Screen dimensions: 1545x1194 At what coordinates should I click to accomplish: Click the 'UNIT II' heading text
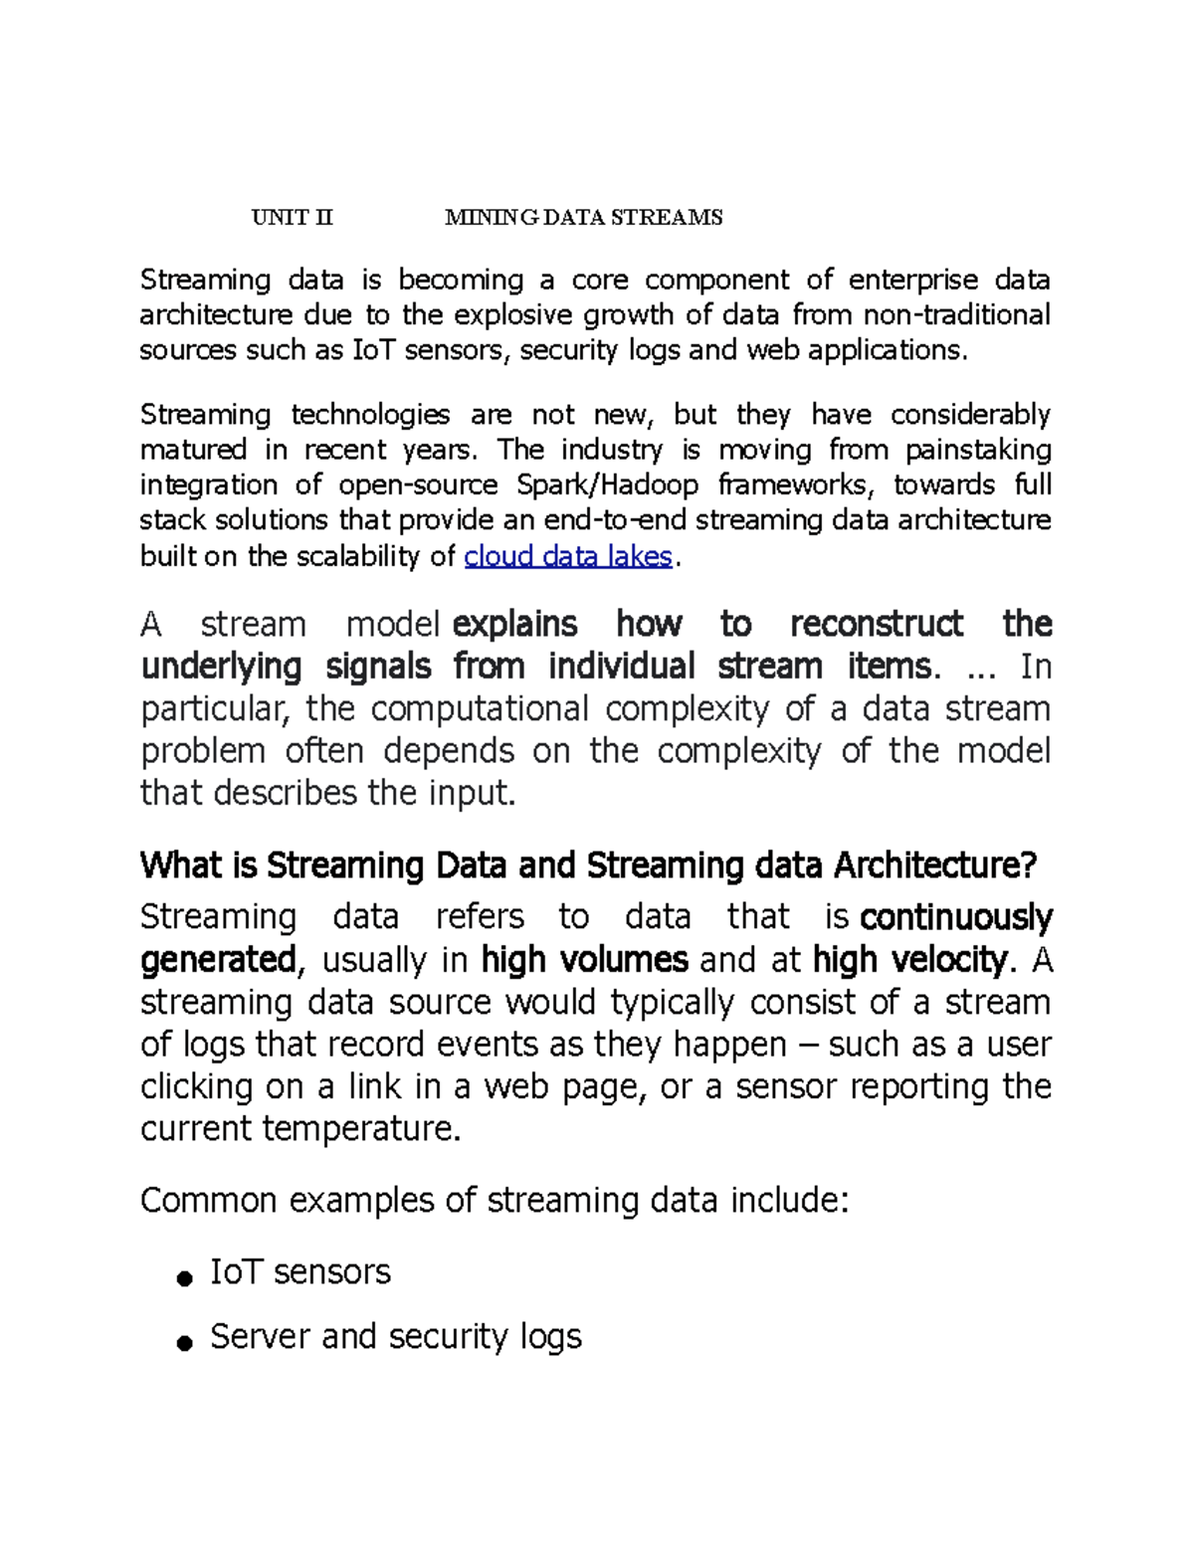click(292, 218)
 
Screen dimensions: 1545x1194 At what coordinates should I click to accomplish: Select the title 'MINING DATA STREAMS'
click(583, 218)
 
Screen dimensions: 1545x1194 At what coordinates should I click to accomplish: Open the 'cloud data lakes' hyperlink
click(568, 556)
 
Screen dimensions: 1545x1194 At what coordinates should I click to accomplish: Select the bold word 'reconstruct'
click(876, 625)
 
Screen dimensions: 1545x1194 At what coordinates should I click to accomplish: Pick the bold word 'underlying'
click(221, 667)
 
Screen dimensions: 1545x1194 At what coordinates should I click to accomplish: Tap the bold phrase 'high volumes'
click(584, 960)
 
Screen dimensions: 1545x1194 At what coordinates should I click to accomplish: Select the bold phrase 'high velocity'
click(909, 960)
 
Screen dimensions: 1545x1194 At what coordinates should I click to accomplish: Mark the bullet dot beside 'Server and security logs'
click(183, 1344)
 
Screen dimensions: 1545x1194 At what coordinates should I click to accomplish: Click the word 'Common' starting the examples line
click(208, 1201)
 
